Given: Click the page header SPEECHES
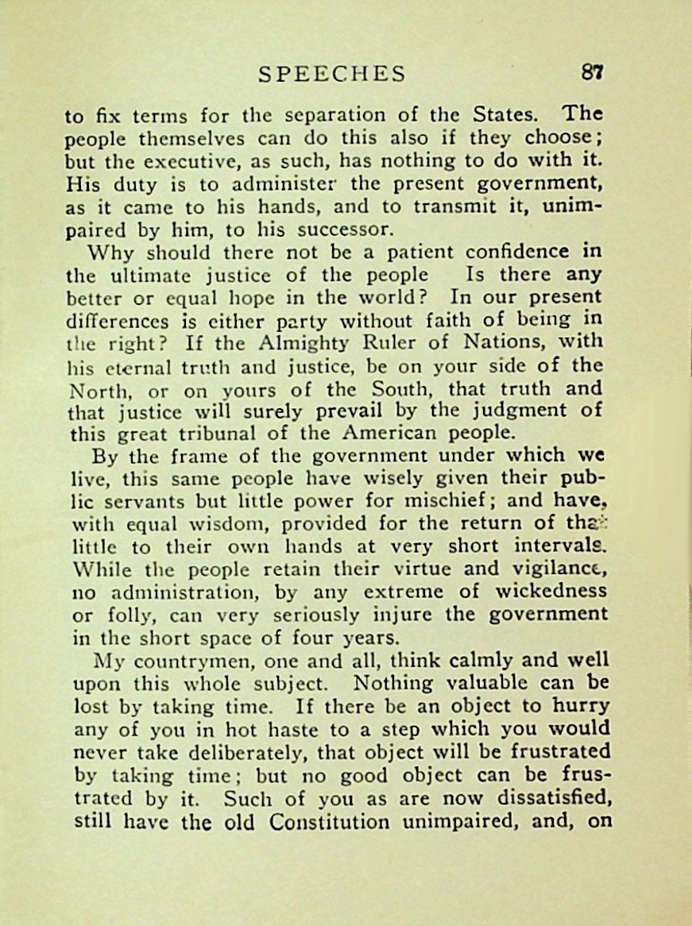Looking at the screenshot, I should pos(332,74).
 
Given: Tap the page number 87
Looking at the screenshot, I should pos(592,72).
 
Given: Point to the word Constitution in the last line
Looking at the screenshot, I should pos(329,821).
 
